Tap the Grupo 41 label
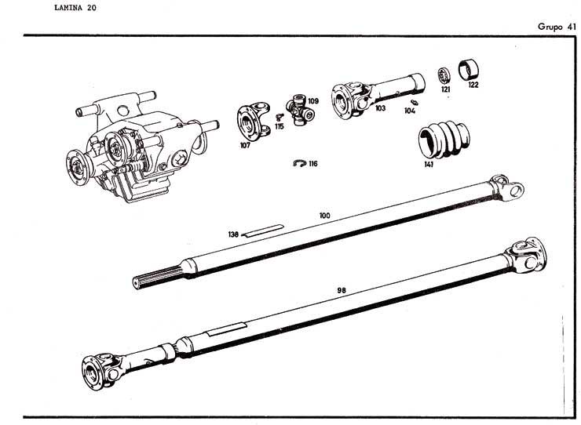pyautogui.click(x=557, y=26)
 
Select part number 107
pyautogui.click(x=244, y=145)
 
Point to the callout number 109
pyautogui.click(x=312, y=101)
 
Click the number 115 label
pyautogui.click(x=279, y=125)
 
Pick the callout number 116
pyautogui.click(x=313, y=164)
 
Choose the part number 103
pyautogui.click(x=380, y=109)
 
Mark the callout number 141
pyautogui.click(x=429, y=165)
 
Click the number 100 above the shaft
pyautogui.click(x=324, y=214)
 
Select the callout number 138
pyautogui.click(x=233, y=234)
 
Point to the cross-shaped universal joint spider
pyautogui.click(x=298, y=111)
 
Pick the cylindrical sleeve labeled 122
pyautogui.click(x=470, y=69)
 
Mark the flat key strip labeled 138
pyautogui.click(x=258, y=232)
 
